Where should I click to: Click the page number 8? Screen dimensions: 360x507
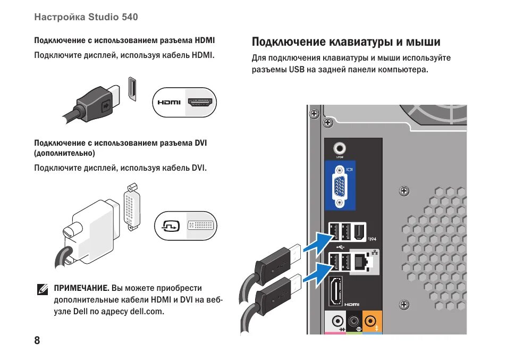[37, 341]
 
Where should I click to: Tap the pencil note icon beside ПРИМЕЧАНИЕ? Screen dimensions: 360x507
[43, 289]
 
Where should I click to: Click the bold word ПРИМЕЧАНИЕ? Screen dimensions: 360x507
[81, 288]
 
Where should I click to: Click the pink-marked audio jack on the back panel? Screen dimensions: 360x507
[337, 321]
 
